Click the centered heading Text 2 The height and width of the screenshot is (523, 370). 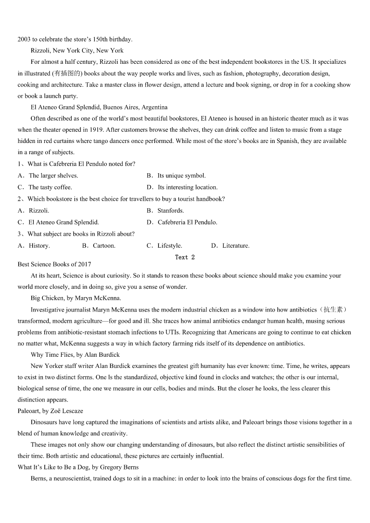click(185, 257)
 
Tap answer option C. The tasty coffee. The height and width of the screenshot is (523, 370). click(45, 187)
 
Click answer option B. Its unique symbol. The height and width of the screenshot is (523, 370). click(176, 176)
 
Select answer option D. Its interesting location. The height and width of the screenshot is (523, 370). click(182, 187)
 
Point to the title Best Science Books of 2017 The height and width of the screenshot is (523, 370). click(55, 265)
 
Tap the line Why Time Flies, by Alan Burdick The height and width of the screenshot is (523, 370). click(75, 355)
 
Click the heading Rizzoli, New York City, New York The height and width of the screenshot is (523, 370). click(77, 50)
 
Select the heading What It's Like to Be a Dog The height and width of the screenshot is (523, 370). click(78, 467)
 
